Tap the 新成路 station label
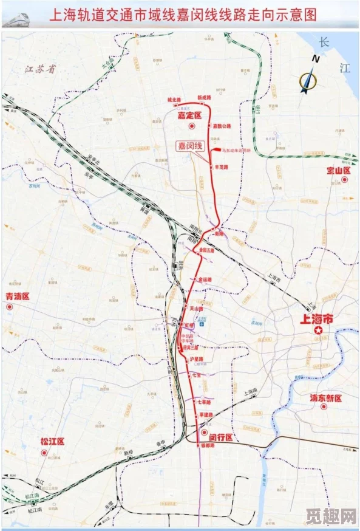[205, 97]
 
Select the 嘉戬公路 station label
[222, 126]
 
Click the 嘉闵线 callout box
[189, 146]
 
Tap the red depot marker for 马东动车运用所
[216, 149]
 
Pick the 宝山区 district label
[339, 171]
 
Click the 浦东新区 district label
[327, 399]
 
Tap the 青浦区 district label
[18, 296]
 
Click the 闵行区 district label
[221, 437]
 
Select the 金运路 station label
[205, 279]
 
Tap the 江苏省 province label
[40, 69]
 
